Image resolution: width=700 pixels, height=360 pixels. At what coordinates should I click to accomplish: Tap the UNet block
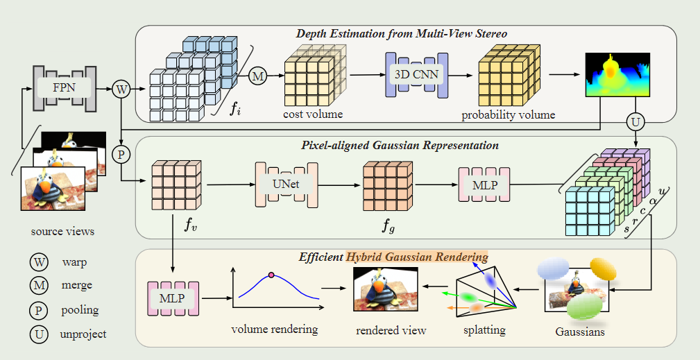pyautogui.click(x=286, y=185)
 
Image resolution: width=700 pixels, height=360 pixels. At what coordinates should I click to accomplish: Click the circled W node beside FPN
pyautogui.click(x=122, y=89)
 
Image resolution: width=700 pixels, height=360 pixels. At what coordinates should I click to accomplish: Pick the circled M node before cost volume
pyautogui.click(x=258, y=76)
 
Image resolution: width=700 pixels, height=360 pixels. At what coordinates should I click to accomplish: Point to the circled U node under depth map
pyautogui.click(x=635, y=123)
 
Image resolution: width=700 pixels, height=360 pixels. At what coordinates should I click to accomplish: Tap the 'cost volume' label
pyautogui.click(x=312, y=113)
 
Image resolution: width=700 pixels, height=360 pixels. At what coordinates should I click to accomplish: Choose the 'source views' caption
pyautogui.click(x=63, y=231)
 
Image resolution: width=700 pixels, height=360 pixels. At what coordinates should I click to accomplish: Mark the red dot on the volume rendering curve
pyautogui.click(x=272, y=275)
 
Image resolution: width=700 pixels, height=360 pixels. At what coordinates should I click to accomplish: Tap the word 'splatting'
pyautogui.click(x=486, y=331)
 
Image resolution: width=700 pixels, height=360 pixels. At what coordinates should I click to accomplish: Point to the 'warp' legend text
pyautogui.click(x=75, y=263)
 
